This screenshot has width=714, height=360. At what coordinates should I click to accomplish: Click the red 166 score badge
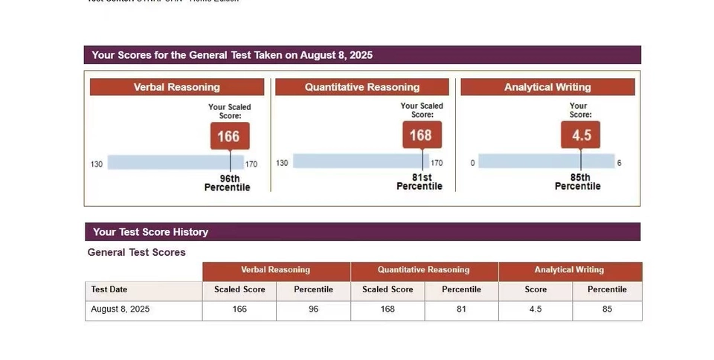(228, 136)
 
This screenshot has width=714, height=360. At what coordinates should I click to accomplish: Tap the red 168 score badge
(421, 135)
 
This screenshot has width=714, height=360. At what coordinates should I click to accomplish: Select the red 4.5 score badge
(581, 135)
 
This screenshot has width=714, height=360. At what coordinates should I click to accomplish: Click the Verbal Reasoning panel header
(177, 87)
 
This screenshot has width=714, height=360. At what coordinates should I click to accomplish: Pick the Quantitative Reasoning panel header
(362, 87)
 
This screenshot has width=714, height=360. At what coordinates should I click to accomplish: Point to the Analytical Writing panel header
(547, 87)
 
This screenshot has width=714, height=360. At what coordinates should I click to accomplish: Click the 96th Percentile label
(228, 183)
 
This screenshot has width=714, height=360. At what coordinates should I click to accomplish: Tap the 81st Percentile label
(419, 182)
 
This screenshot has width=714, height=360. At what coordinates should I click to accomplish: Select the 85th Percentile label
(578, 182)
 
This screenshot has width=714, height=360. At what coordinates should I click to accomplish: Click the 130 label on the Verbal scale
(97, 164)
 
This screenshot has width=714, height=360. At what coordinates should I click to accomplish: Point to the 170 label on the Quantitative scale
(437, 163)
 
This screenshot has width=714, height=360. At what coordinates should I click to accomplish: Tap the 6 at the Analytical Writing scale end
(619, 163)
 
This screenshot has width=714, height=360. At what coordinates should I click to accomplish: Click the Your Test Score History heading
(150, 232)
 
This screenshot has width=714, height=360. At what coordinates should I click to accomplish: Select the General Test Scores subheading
(137, 252)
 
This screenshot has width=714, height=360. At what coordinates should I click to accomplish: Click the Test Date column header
(109, 289)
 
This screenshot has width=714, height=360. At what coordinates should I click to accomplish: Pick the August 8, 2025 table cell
(120, 309)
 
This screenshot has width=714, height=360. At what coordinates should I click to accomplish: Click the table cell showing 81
(461, 309)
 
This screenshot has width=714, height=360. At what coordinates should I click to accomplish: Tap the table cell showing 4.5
(535, 309)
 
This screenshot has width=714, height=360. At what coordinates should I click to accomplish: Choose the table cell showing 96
(313, 309)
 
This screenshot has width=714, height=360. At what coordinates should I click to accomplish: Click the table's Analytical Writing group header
(570, 270)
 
